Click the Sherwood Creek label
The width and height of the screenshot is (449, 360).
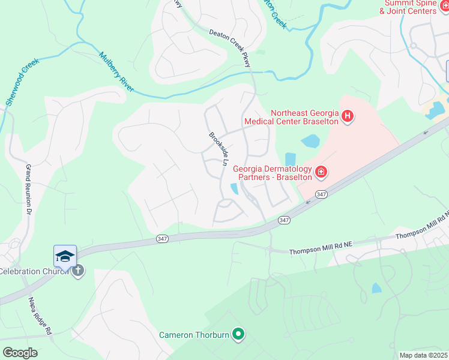coord(23,82)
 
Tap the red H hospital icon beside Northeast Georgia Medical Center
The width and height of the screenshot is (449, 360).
coord(348,116)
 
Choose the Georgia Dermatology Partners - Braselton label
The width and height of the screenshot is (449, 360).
coord(273,173)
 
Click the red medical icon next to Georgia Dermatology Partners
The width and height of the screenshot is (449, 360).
coord(321,173)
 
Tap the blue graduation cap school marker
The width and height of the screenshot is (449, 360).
coord(65,256)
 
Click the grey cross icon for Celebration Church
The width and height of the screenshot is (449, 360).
coord(77,271)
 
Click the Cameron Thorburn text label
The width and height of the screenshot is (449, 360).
coord(194,335)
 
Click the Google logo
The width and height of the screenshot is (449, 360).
coord(19,353)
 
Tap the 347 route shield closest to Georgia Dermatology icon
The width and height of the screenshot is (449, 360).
coord(322,194)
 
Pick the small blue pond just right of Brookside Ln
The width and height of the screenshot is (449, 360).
coord(234,189)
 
